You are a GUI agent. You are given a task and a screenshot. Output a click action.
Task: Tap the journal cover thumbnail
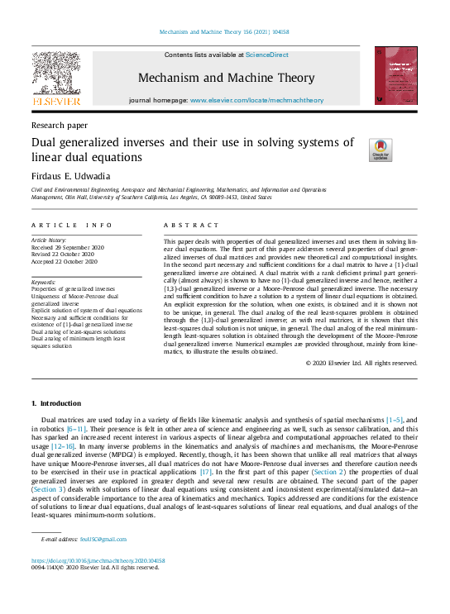point(395,75)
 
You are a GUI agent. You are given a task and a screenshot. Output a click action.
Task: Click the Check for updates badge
point(381,150)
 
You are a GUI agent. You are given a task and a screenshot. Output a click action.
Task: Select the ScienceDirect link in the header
point(267,55)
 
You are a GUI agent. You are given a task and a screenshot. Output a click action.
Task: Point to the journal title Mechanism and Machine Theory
point(226,78)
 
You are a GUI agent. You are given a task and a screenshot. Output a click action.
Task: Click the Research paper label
point(59,125)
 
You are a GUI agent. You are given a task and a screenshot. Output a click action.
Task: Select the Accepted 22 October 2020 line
point(66,261)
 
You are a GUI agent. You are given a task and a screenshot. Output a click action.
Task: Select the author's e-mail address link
point(84,539)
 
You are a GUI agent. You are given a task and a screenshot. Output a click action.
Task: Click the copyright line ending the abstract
point(361,363)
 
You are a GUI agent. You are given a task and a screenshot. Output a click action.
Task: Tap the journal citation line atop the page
point(224,32)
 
